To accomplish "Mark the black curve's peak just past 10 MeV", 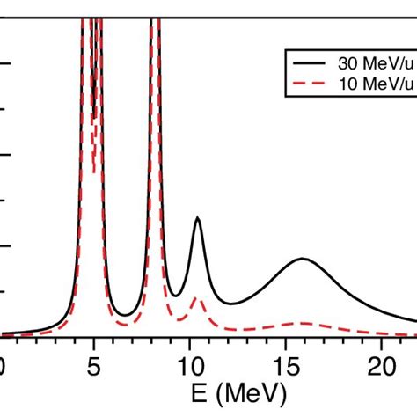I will (198, 218).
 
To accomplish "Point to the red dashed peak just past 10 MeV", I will (198, 300).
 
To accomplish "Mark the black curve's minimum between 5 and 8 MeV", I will (128, 315).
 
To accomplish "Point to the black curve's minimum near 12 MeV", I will (231, 304).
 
